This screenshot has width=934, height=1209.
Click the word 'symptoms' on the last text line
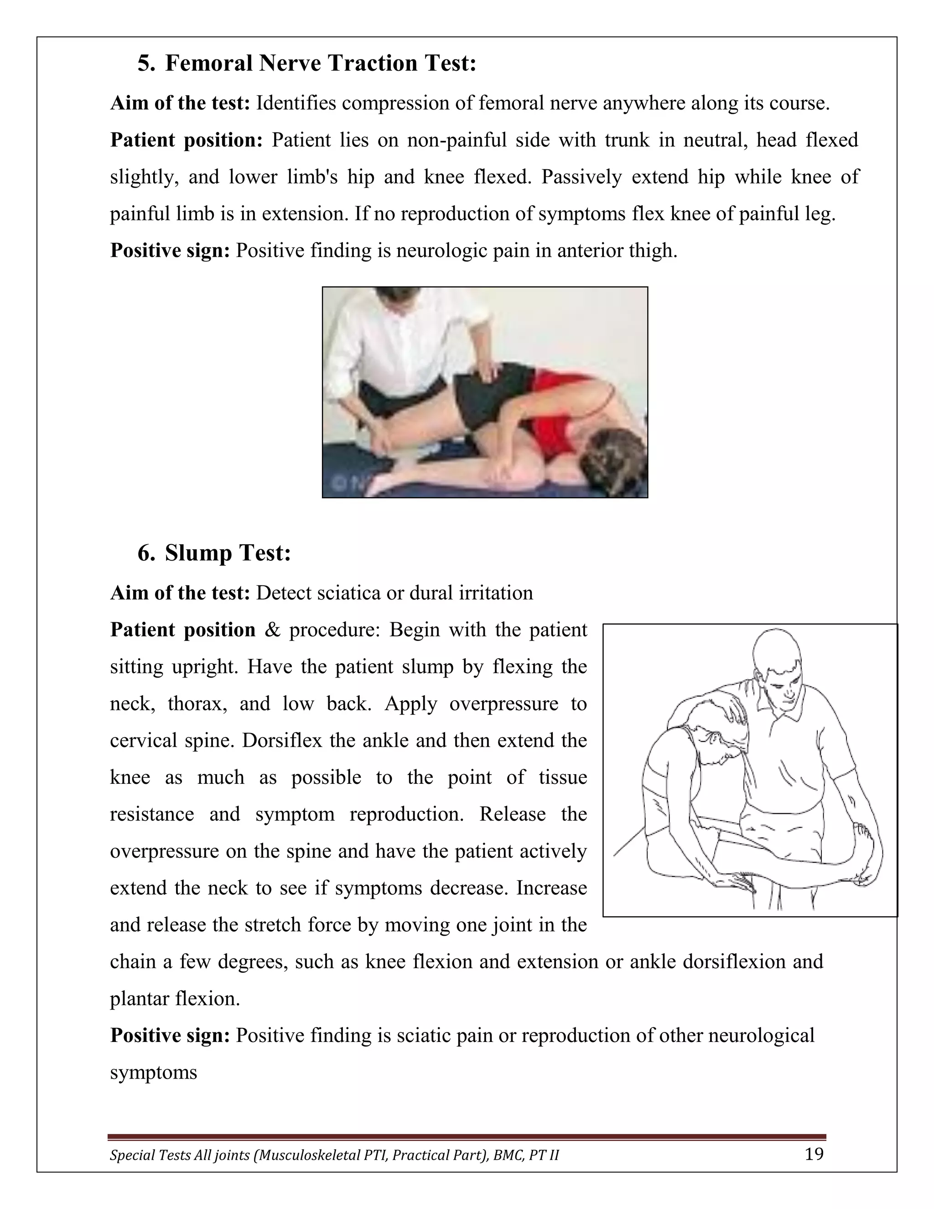click(153, 1073)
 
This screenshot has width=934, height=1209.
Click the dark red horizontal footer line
click(467, 1137)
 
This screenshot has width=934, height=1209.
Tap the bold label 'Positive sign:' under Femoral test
click(170, 251)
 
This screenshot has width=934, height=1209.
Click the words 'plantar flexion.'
click(175, 999)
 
